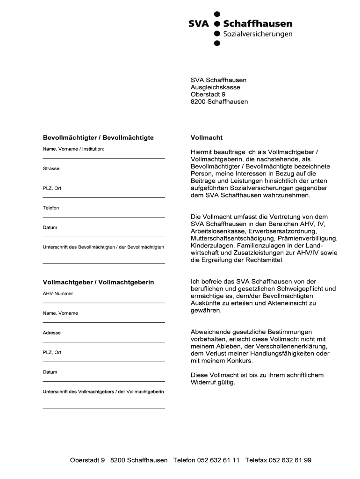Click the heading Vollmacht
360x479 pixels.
(207, 138)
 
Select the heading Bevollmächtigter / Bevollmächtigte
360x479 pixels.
(98, 138)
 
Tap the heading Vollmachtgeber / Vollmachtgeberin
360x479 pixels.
(98, 283)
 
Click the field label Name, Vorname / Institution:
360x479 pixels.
(73, 149)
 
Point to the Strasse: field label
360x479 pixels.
(52, 168)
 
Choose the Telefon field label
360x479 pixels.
(51, 208)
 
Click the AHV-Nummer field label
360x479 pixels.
(58, 294)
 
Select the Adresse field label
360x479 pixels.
(52, 333)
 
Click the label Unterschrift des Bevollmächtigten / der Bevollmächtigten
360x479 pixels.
(103, 247)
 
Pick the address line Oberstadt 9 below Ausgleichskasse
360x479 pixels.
(208, 94)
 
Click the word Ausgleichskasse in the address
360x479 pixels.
(215, 87)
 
